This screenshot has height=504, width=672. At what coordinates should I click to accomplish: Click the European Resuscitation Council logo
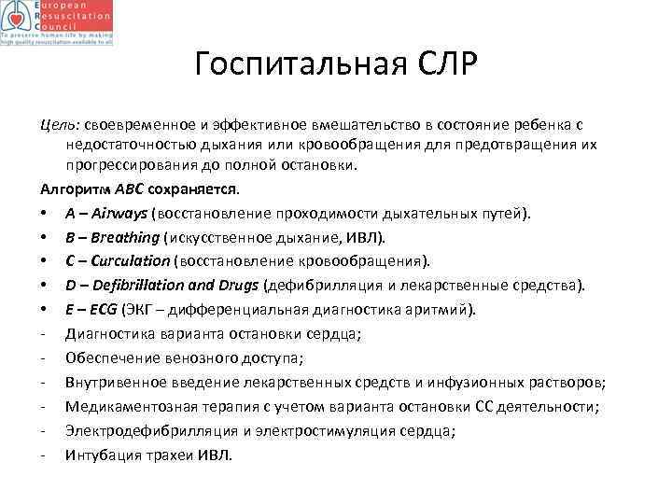tap(58, 23)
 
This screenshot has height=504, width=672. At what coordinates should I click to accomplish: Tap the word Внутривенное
tap(114, 383)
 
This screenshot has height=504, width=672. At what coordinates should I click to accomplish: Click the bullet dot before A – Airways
tap(45, 214)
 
